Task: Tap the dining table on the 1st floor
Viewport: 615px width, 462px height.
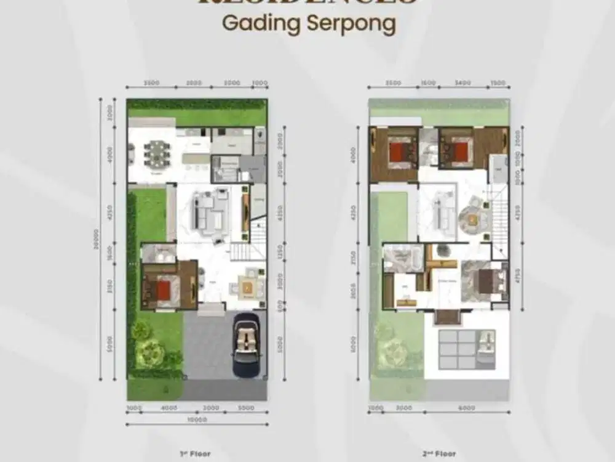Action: pyautogui.click(x=157, y=153)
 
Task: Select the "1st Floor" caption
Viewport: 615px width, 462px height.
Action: pyautogui.click(x=196, y=454)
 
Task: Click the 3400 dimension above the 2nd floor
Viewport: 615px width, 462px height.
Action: pyautogui.click(x=463, y=83)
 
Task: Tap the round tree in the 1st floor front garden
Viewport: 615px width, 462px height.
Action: pyautogui.click(x=149, y=353)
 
